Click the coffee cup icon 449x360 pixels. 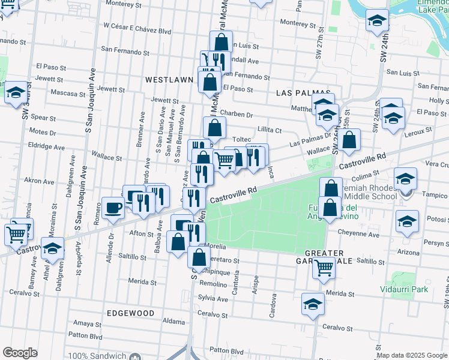pyautogui.click(x=113, y=208)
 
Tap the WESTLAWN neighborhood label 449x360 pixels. pyautogui.click(x=169, y=79)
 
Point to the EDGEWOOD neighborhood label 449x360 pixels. pyautogui.click(x=130, y=313)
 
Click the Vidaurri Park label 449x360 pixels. pyautogui.click(x=405, y=289)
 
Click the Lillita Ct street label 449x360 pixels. pyautogui.click(x=270, y=130)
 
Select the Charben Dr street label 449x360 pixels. pyautogui.click(x=237, y=115)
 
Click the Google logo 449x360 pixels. pyautogui.click(x=20, y=353)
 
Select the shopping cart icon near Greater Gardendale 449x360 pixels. pyautogui.click(x=324, y=268)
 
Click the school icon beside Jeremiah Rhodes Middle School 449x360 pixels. pyautogui.click(x=405, y=179)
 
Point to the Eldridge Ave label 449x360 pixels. pyautogui.click(x=47, y=147)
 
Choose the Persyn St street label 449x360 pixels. pyautogui.click(x=435, y=243)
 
